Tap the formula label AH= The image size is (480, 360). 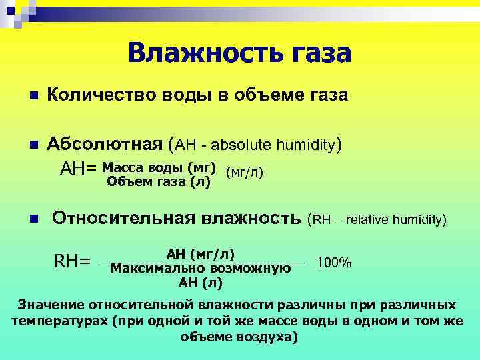79,171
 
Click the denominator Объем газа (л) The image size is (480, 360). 159,181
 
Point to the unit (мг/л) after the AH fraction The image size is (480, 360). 245,173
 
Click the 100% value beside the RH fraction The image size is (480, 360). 335,263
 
